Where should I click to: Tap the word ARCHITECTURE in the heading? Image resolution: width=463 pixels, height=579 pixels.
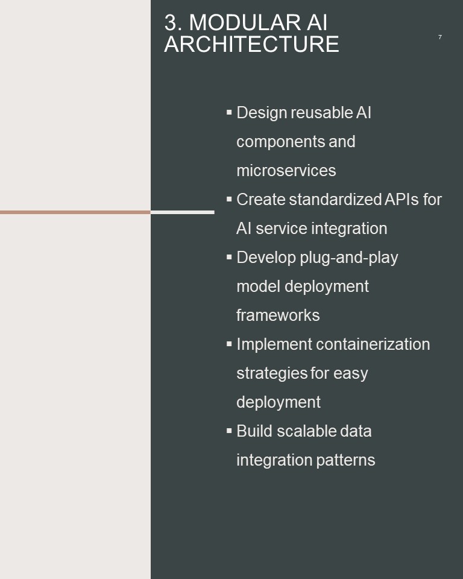coord(251,44)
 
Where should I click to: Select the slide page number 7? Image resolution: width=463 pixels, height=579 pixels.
coord(439,37)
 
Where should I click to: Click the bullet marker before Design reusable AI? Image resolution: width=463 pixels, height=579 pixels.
coord(229,112)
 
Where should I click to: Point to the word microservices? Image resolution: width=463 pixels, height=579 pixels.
coord(286,171)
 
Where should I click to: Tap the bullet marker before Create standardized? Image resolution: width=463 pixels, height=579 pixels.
coord(229,198)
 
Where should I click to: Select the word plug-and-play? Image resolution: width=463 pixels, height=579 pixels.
coord(349,258)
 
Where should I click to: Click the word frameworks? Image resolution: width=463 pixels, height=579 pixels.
coord(278,315)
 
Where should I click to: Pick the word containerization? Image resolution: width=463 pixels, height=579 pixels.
coord(373,344)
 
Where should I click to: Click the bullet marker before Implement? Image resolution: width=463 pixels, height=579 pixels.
coord(229,343)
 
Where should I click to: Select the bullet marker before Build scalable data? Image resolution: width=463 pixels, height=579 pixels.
coord(229,430)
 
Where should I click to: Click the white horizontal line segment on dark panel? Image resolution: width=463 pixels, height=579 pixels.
coord(183,212)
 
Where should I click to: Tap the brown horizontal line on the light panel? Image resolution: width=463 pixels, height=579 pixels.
coord(75,212)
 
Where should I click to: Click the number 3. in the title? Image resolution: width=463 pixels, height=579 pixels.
coord(173,22)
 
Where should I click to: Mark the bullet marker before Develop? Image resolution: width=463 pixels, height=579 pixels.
coord(229,257)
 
